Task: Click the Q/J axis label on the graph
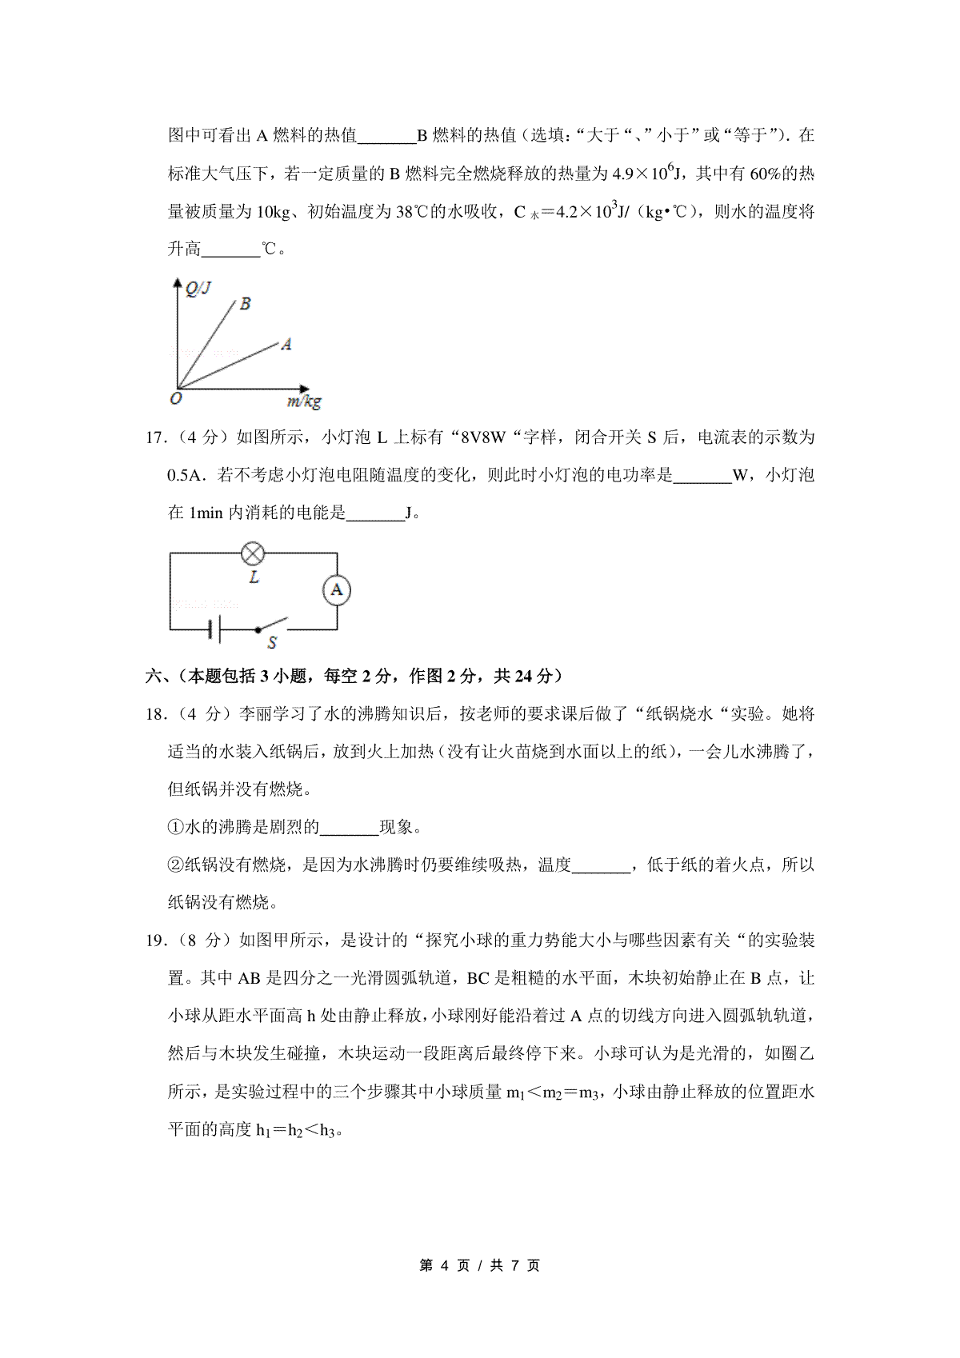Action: tap(198, 289)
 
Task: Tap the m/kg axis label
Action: tap(304, 401)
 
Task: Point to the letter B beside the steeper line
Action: tap(245, 304)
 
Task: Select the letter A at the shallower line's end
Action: tap(286, 345)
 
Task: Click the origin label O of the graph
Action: tap(176, 397)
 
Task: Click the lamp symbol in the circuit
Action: tap(253, 553)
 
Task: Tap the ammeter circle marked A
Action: tap(337, 590)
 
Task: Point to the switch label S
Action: tap(272, 642)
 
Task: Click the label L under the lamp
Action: tap(254, 577)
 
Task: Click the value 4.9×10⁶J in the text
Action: tap(646, 173)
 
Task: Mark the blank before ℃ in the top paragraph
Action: tap(231, 250)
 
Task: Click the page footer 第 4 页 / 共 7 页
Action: tap(480, 1265)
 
